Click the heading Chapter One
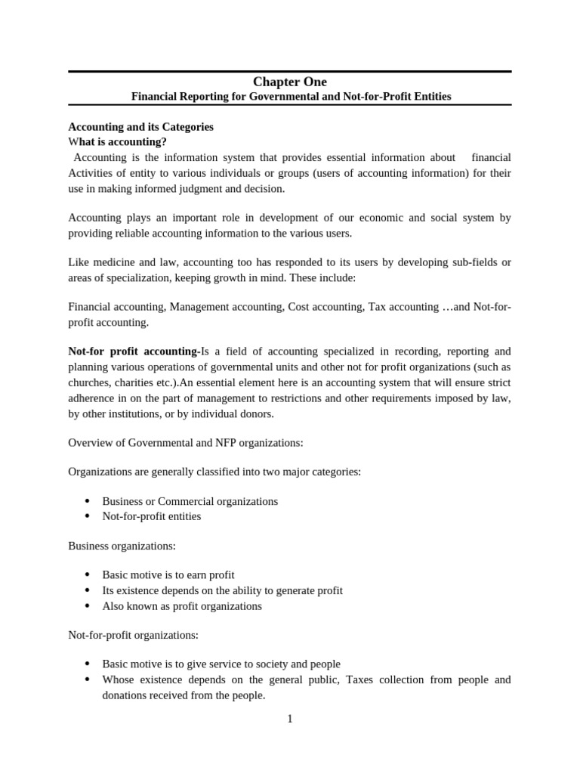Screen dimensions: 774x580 290,82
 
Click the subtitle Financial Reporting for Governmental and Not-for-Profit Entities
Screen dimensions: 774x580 291,97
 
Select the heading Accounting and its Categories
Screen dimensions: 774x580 140,127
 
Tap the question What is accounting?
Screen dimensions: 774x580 117,142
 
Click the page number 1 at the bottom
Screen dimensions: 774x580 289,719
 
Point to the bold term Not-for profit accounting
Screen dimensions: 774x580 133,351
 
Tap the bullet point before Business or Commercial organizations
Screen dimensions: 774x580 88,501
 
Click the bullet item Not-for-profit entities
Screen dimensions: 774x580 151,516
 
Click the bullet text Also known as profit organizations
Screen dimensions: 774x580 181,605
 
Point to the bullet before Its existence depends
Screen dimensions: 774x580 88,590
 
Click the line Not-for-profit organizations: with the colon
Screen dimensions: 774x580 133,635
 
